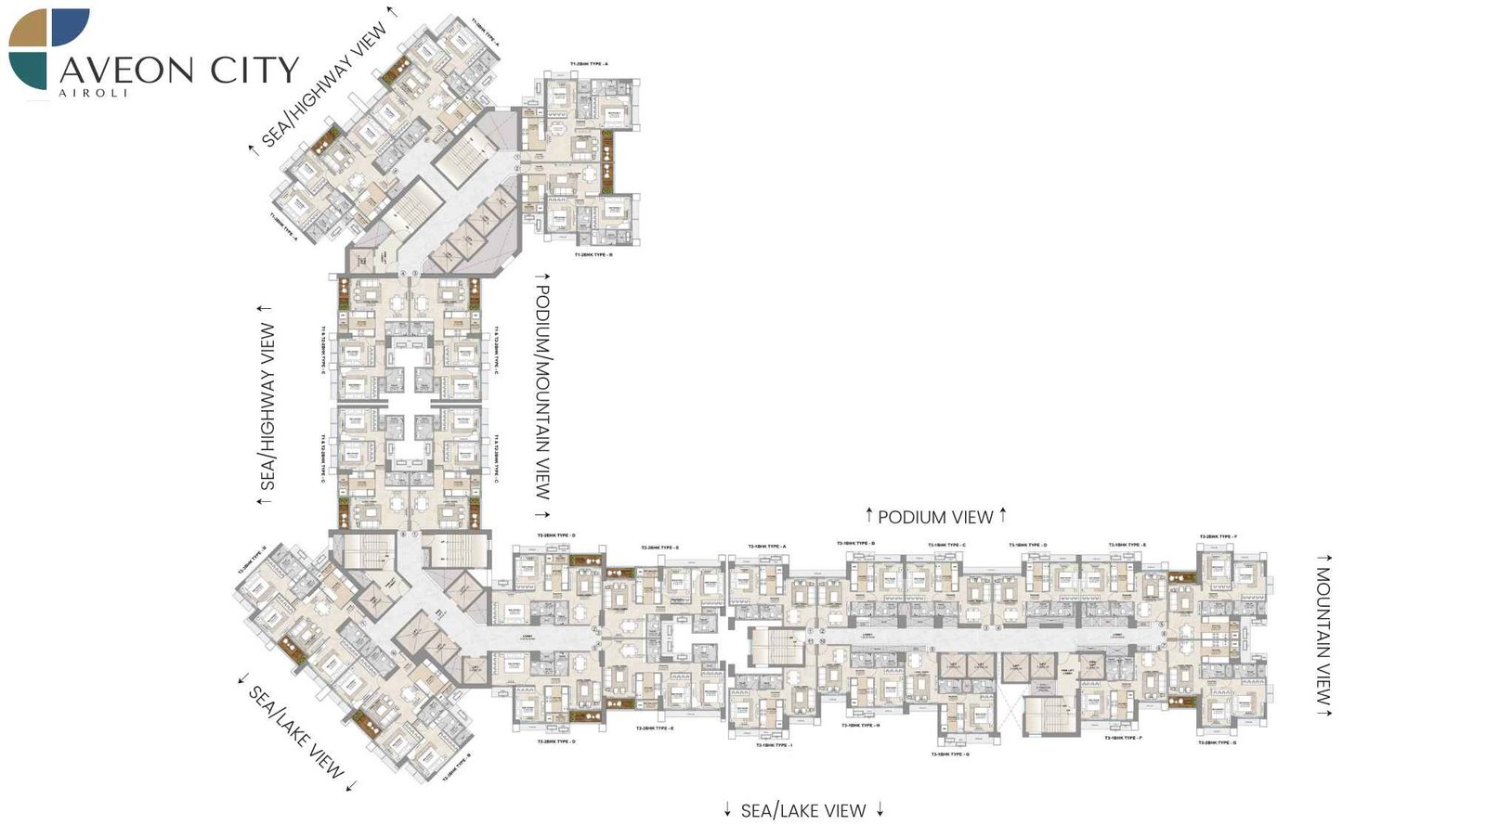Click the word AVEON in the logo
pos(126,71)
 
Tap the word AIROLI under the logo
pos(93,93)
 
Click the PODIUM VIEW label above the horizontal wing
pos(935,517)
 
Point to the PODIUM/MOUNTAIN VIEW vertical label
pos(542,393)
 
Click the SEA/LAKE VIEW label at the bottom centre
pos(803,811)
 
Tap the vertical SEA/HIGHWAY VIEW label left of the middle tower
pos(267,406)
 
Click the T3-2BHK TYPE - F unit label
pos(1218,536)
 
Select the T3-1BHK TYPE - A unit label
pos(766,547)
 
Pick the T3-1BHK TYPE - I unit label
pos(773,744)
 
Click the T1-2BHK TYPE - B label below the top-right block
pos(593,254)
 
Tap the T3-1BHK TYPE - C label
pos(946,545)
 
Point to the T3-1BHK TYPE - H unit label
pos(860,726)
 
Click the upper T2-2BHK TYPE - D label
pos(556,535)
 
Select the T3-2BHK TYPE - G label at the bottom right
pos(1217,742)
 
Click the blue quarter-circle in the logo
pos(71,27)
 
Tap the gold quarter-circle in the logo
pos(30,30)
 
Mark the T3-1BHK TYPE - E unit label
pos(1127,545)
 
